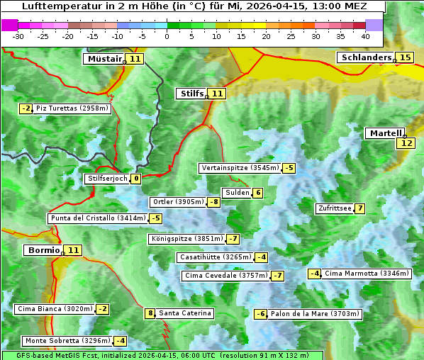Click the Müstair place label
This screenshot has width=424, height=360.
coord(104,59)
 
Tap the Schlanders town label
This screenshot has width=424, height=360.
coord(366,57)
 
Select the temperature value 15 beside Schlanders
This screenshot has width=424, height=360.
coord(405,57)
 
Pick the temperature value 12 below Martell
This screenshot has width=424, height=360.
coord(405,143)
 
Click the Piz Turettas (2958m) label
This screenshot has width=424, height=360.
coord(72,108)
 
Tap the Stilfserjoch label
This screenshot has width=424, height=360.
coord(107,179)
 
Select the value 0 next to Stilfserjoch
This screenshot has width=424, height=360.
coord(135,179)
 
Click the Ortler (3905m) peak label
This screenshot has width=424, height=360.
coord(178,202)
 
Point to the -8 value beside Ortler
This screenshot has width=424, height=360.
coord(213,202)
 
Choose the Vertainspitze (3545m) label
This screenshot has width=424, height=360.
coord(240,168)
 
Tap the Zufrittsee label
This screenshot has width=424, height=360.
coord(334,208)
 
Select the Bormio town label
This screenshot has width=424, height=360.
coord(43,250)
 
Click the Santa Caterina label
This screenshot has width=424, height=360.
coord(184,313)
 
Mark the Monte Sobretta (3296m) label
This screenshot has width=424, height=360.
coord(67,341)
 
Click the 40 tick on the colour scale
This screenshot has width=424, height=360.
coord(365,36)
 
